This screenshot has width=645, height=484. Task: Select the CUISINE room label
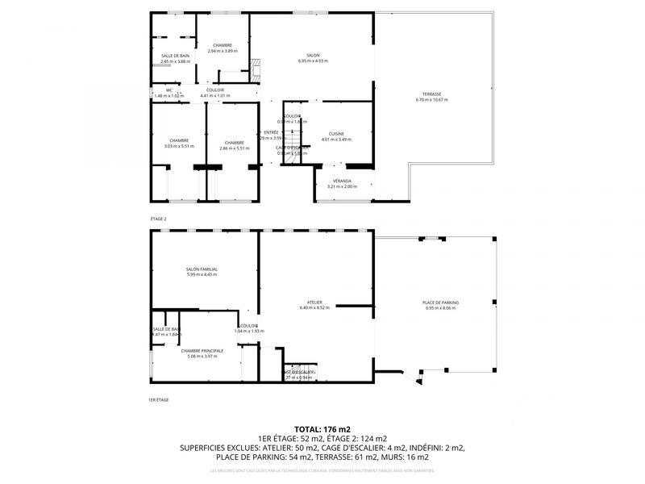coord(336,134)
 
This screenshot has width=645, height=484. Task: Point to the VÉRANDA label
coord(340,181)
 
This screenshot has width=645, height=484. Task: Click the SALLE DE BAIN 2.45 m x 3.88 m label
coord(175,56)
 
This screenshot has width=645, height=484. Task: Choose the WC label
coord(169,90)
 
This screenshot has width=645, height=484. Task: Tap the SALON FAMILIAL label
coord(202,269)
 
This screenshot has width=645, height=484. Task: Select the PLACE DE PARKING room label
coord(439,302)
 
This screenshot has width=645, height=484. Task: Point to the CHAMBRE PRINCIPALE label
coord(202,351)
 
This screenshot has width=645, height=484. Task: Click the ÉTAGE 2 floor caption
coord(158,219)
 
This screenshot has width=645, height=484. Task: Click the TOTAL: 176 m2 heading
coord(322,430)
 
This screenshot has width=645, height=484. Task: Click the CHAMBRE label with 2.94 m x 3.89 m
coord(223,45)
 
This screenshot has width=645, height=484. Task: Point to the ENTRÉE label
coord(271,132)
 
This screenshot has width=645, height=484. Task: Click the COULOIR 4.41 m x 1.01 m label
coord(214,90)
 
